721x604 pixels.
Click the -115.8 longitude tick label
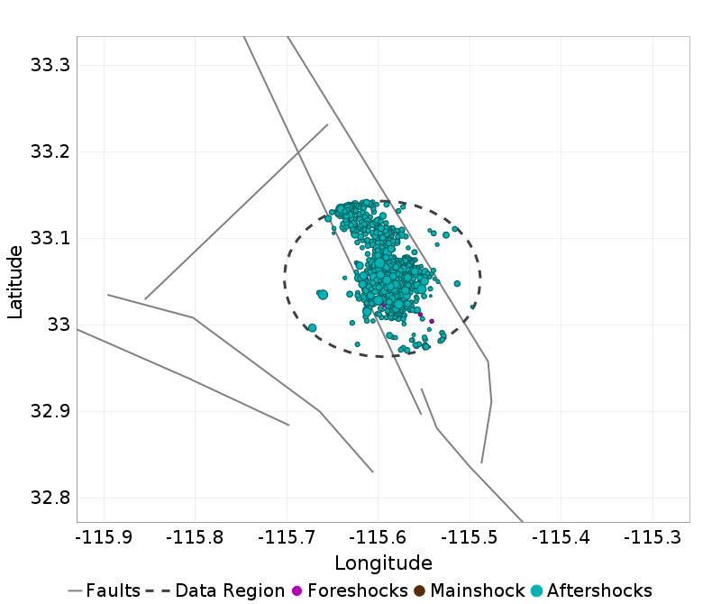193,538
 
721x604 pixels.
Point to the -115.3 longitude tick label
651,538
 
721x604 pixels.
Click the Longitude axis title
383,563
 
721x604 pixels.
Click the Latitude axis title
15,279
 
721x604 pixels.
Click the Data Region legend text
230,591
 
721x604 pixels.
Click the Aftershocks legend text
599,591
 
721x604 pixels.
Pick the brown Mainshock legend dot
420,591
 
